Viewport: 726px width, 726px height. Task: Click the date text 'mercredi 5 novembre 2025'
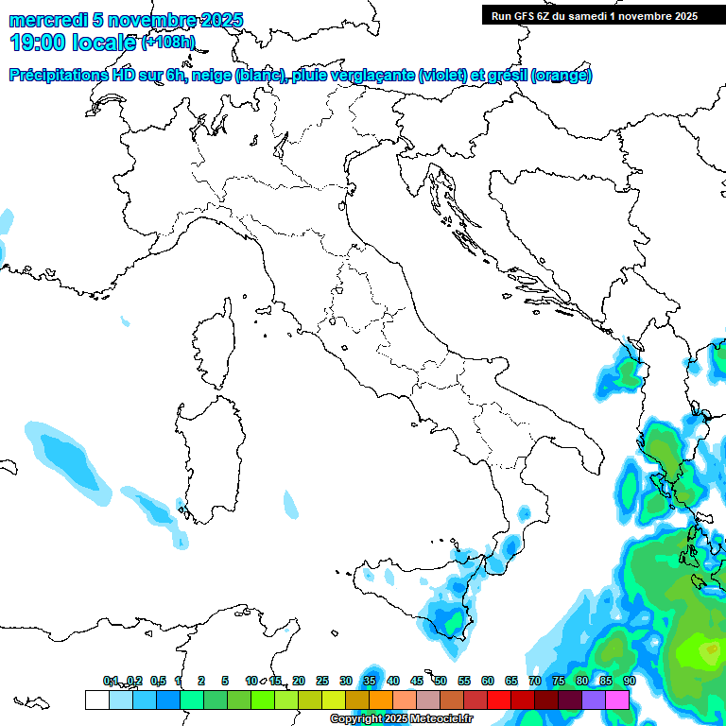(x=126, y=21)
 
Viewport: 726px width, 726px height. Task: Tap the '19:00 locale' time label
(x=73, y=43)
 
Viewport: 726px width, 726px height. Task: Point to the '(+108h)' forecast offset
(x=169, y=43)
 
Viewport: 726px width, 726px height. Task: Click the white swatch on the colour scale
(x=96, y=700)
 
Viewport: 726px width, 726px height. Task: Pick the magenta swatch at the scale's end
(x=617, y=700)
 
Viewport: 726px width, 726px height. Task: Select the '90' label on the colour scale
(x=629, y=682)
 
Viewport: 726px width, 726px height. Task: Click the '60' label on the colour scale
(x=488, y=682)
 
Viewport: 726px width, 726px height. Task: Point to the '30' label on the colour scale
(x=346, y=682)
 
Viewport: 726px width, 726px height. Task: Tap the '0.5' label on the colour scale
(x=158, y=682)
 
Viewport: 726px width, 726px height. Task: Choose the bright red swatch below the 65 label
(x=499, y=700)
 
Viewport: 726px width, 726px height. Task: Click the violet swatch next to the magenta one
(x=594, y=700)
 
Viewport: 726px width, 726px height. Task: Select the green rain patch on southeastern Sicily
(x=448, y=619)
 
